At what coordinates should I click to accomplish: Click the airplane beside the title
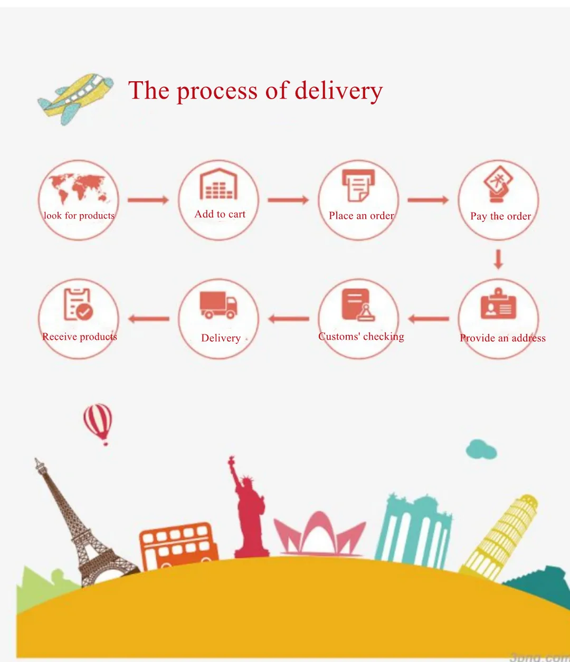click(75, 98)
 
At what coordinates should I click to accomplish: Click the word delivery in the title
click(338, 91)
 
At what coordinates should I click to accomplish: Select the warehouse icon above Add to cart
click(218, 184)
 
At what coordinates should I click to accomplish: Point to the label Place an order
click(361, 216)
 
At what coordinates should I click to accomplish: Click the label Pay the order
click(500, 216)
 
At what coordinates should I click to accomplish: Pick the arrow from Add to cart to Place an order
click(288, 200)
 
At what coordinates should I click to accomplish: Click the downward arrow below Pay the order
click(498, 260)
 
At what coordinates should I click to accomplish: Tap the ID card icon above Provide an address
click(498, 305)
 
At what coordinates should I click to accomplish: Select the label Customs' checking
click(361, 337)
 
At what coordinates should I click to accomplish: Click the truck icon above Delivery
click(218, 305)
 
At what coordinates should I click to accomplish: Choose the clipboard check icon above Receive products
click(78, 304)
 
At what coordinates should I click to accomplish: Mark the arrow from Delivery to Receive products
click(149, 319)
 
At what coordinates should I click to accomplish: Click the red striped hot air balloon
click(98, 423)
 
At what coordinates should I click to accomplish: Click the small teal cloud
click(481, 449)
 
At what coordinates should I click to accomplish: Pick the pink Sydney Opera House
click(319, 534)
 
